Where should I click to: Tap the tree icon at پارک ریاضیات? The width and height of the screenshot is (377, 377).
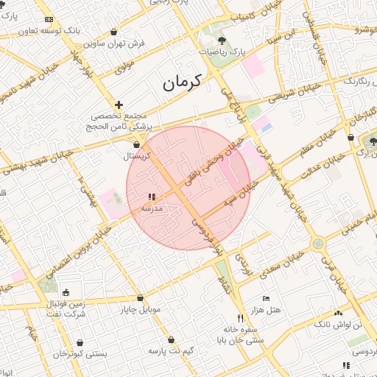coord(222,40)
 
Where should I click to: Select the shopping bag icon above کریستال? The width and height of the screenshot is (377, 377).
coord(137,144)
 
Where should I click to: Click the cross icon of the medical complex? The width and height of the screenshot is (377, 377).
coord(119,105)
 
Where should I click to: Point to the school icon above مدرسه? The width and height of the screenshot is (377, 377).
coord(152,197)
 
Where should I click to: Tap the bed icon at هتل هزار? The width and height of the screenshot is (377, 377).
coord(266,298)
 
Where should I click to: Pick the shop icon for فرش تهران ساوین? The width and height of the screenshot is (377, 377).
coord(114,32)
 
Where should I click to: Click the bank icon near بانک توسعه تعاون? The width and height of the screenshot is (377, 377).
coord(49,19)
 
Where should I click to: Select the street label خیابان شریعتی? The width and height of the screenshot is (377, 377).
coord(293,91)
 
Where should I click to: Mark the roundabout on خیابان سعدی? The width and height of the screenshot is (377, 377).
coord(317,244)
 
